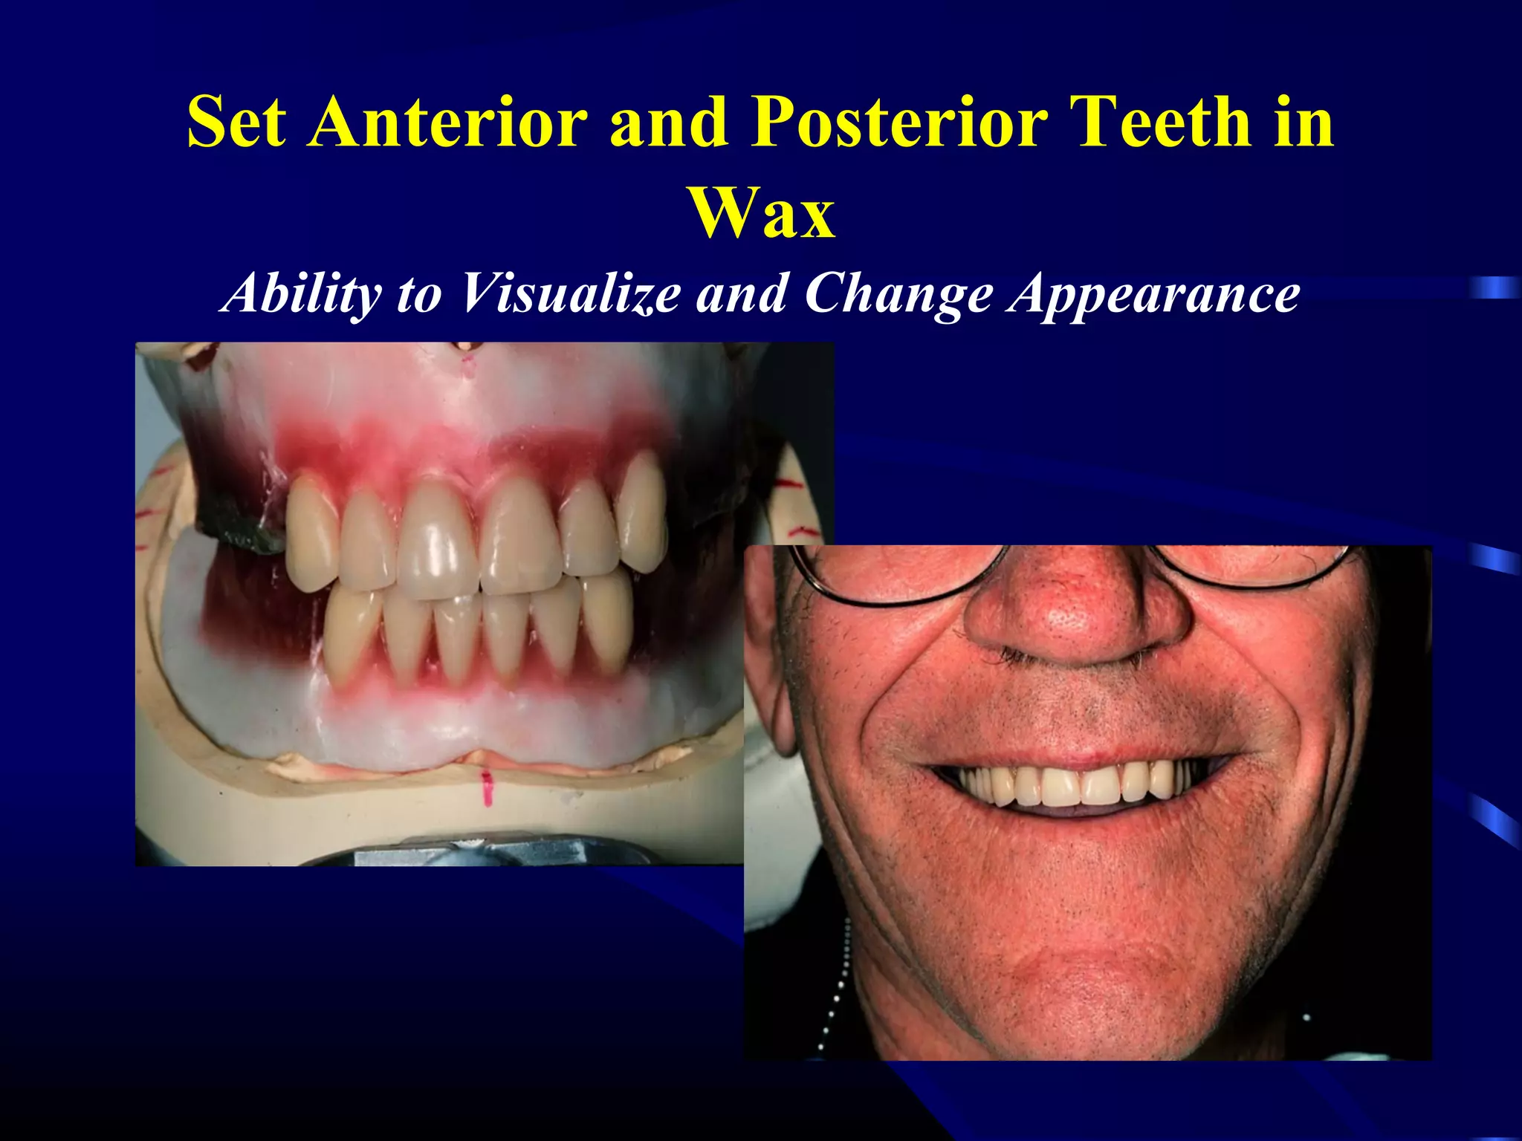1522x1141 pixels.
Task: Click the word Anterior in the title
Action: (449, 122)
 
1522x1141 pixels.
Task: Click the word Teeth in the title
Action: (1160, 122)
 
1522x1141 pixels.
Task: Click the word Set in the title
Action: (236, 122)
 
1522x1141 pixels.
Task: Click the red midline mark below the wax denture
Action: (488, 787)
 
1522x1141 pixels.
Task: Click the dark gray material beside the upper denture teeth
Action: (238, 520)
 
